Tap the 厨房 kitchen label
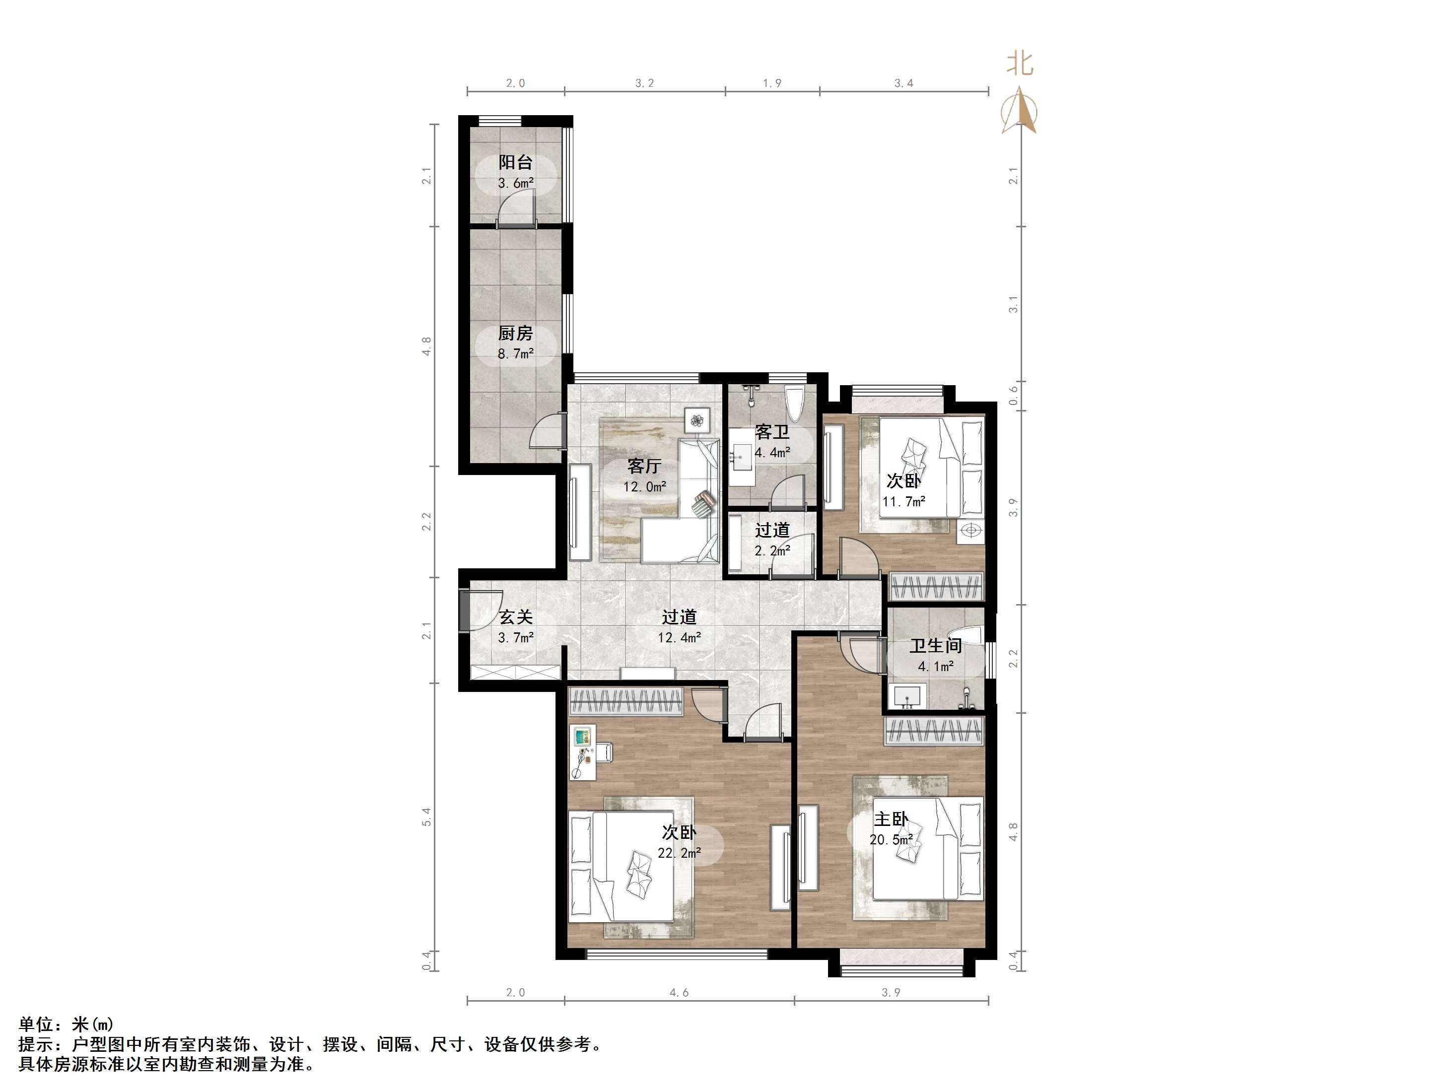pos(515,334)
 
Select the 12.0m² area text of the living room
pos(645,487)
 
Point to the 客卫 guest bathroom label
pos(772,432)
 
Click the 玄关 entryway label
pos(515,617)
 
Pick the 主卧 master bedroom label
pos(891,819)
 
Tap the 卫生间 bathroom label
pos(935,646)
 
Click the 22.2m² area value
pos(679,854)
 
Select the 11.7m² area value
pos(904,501)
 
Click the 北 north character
pos(1020,64)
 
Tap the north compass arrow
pos(1019,109)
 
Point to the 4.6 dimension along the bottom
pos(679,993)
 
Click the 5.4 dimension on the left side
pos(426,818)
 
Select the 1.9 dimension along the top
pos(772,83)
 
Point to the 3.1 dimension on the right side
pos(1013,304)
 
